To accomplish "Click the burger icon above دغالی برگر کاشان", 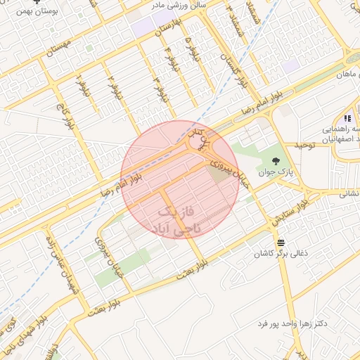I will click(281, 241).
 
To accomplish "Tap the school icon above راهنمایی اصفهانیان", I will click(347, 118).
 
